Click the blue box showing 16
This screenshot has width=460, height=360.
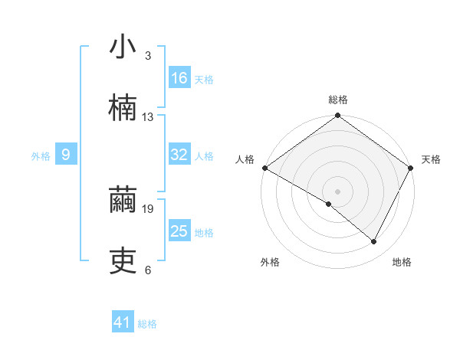(179, 78)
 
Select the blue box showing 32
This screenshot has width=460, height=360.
(179, 155)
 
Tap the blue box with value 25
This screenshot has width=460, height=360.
(179, 231)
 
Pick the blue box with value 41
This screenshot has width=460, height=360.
(123, 323)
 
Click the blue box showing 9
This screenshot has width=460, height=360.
(66, 155)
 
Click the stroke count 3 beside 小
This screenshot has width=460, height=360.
(148, 56)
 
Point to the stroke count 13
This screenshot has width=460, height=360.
(148, 117)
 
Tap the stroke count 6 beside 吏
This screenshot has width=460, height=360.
(148, 270)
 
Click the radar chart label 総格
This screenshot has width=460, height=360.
(338, 100)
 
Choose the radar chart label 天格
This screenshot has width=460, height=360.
(431, 159)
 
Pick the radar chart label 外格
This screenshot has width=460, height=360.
(270, 262)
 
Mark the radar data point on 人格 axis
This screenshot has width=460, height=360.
(265, 168)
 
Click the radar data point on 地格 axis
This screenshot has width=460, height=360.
(374, 241)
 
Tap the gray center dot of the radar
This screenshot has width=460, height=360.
(338, 191)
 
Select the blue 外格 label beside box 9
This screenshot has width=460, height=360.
(41, 155)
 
